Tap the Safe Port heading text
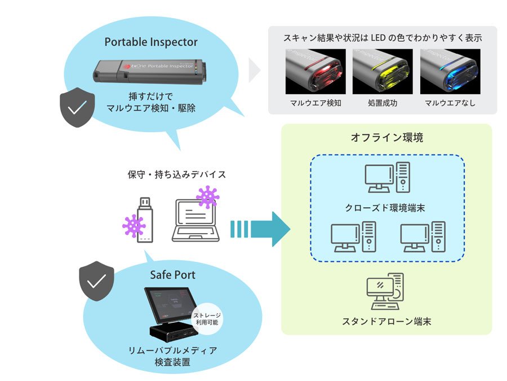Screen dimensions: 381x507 [x=173, y=275]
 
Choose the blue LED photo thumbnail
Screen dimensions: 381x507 [x=450, y=71]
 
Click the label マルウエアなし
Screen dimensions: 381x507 [x=450, y=103]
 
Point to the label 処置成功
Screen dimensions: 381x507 [x=383, y=103]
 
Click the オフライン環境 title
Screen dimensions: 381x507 [x=386, y=138]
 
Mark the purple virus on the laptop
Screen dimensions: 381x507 [x=208, y=197]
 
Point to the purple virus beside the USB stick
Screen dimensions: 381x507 [x=134, y=226]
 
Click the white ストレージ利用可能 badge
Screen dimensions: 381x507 [x=208, y=317]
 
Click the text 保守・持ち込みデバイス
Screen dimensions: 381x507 [x=177, y=174]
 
